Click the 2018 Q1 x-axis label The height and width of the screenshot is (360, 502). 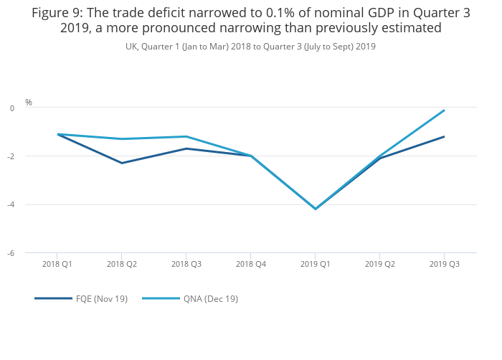(57, 264)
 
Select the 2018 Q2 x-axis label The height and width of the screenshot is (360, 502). (122, 264)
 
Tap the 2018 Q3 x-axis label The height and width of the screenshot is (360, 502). (186, 264)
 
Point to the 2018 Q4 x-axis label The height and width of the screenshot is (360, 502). (251, 264)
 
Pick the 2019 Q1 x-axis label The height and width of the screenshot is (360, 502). (316, 264)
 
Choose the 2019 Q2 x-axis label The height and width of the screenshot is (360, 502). (380, 264)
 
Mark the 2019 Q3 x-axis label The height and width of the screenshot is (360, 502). (445, 264)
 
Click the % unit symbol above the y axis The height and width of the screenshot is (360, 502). (29, 103)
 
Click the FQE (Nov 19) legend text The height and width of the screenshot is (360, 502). (102, 298)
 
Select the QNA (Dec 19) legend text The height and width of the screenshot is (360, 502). (210, 298)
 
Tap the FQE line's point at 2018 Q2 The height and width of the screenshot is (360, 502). (122, 163)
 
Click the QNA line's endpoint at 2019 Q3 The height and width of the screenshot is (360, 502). (445, 110)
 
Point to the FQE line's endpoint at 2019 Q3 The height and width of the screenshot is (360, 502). (445, 136)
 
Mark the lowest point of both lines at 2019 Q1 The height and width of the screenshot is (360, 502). (316, 209)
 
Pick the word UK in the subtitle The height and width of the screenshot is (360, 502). (132, 47)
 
